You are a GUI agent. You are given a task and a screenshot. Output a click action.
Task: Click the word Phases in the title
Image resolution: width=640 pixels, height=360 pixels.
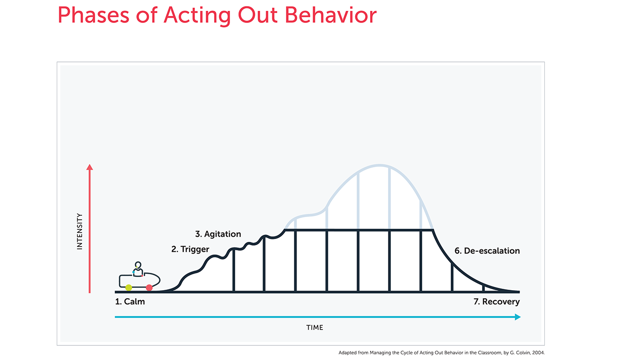click(93, 15)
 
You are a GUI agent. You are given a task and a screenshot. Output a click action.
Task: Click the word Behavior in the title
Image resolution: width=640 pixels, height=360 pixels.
click(331, 15)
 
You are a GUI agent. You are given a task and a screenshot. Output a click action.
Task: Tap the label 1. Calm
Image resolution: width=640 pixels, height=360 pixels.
click(130, 302)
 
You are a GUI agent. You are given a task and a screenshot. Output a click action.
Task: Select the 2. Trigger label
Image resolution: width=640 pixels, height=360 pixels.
click(190, 249)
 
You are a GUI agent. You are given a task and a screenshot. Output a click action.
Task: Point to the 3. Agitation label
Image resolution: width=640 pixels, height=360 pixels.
click(218, 234)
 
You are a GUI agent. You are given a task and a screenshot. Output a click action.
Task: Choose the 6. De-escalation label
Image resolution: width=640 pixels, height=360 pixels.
click(487, 251)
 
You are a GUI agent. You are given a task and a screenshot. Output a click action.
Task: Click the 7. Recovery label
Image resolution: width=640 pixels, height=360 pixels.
click(497, 302)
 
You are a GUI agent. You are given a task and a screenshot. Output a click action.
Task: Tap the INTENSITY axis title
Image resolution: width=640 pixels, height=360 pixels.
click(80, 231)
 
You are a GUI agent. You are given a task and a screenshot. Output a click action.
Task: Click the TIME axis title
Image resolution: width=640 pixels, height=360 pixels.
click(314, 328)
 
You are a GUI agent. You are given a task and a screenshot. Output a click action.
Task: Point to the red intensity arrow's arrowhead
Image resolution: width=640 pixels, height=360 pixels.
click(89, 167)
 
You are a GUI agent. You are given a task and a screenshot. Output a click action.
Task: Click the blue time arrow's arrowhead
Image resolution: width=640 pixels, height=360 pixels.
click(518, 317)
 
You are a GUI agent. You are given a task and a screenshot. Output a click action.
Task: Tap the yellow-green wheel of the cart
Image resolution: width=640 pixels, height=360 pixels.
click(128, 288)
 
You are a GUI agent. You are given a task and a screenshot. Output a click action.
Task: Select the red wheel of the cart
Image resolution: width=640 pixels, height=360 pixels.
click(149, 288)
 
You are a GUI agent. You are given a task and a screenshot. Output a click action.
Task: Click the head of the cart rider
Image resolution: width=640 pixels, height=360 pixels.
click(138, 265)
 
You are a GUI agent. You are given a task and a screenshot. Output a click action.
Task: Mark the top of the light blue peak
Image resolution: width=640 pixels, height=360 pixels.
click(380, 165)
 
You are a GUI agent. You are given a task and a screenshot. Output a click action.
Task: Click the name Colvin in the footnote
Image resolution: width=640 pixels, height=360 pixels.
click(524, 353)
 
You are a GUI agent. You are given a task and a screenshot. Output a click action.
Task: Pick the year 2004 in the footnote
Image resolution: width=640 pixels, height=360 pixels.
click(538, 353)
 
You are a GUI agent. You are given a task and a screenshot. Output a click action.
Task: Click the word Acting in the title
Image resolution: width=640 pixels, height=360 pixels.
click(197, 16)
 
